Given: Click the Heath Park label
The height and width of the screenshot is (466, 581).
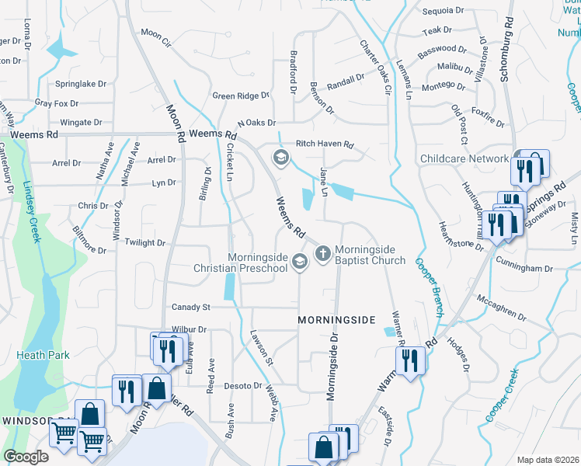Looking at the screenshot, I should [x=43, y=355].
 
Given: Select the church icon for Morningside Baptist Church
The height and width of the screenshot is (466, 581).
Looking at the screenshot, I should [x=323, y=253].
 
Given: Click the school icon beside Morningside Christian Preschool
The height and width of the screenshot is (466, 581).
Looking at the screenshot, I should [x=300, y=263].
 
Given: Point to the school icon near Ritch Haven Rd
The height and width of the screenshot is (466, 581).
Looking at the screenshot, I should [x=280, y=158].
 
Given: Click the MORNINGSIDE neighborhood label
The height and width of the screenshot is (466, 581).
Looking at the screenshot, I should [x=337, y=320].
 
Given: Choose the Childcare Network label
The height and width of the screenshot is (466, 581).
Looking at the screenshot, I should [x=464, y=158].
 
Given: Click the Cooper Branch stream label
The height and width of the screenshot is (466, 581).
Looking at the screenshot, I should [x=430, y=287].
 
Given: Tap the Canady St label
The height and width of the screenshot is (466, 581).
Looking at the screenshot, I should [x=191, y=307].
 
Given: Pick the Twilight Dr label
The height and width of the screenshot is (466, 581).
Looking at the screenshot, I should [x=145, y=243].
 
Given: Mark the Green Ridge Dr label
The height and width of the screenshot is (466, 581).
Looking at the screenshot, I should [x=241, y=96].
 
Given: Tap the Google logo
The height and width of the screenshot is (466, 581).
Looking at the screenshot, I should [x=26, y=457].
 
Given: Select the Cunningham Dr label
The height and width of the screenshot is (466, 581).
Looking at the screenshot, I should [x=526, y=268].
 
